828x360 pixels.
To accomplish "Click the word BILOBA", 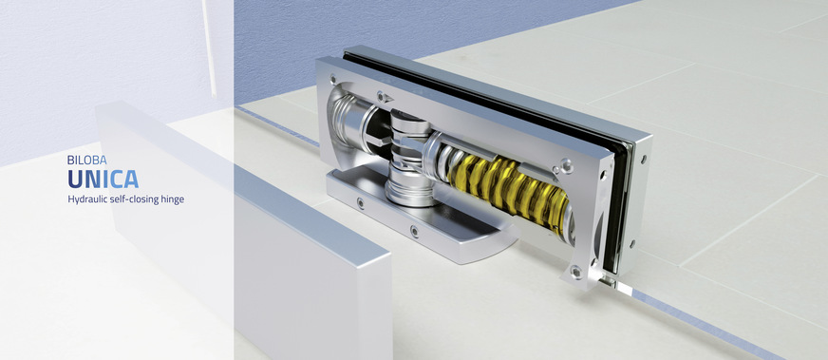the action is click(x=87, y=160).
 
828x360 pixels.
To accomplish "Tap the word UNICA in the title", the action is click(x=103, y=179).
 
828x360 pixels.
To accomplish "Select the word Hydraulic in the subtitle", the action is click(x=85, y=200).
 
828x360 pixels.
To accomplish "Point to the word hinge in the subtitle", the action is click(x=172, y=200).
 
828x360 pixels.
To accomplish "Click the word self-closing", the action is click(x=131, y=199).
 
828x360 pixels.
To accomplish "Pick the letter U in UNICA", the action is click(x=75, y=179).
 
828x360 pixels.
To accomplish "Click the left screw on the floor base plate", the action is click(x=360, y=201).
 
